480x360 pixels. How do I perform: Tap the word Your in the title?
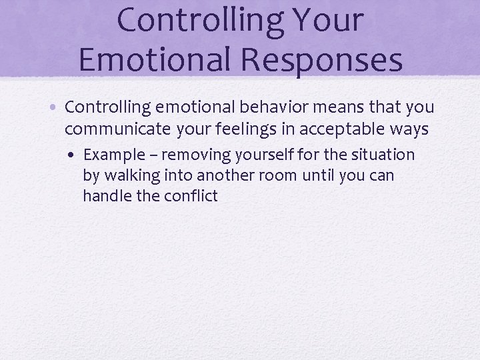323,20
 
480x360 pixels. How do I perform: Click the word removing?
193,155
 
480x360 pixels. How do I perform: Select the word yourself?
259,155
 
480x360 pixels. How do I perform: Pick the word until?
318,176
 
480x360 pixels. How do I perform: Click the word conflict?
189,196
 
